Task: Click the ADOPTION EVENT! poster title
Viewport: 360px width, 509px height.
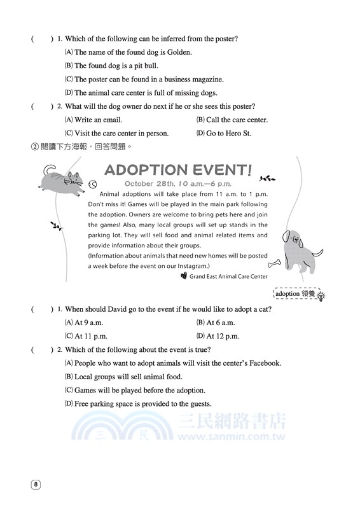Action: click(177, 171)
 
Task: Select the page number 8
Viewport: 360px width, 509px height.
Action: click(36, 485)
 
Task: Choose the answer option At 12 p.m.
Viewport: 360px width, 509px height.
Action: click(223, 335)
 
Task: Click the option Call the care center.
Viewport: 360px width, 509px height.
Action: click(237, 120)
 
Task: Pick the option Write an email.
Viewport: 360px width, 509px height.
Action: click(98, 120)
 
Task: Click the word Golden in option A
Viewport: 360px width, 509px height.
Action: click(178, 52)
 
